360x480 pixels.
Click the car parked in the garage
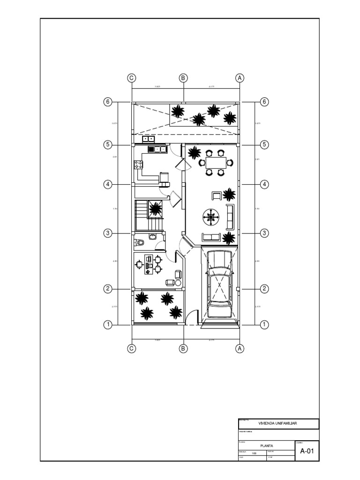click(x=219, y=279)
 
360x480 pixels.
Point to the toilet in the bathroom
click(x=139, y=242)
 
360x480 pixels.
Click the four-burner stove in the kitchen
click(x=139, y=165)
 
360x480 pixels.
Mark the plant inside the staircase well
click(x=155, y=208)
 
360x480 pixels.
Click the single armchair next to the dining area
click(x=217, y=196)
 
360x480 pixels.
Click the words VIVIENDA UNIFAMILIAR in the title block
click(x=278, y=423)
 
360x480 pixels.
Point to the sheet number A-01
click(x=307, y=451)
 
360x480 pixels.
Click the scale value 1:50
click(x=254, y=453)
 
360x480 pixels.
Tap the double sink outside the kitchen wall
click(x=149, y=139)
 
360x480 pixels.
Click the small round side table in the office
click(x=178, y=283)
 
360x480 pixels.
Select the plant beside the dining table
click(x=193, y=152)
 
